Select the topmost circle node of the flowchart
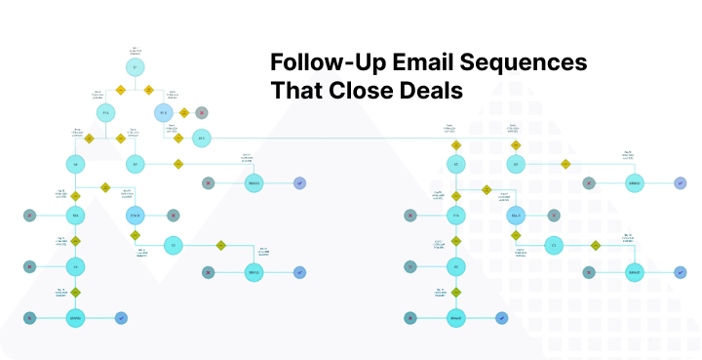[x=136, y=67]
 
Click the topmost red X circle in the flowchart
[x=201, y=112]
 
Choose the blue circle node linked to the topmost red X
[x=164, y=113]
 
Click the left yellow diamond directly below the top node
[x=121, y=90]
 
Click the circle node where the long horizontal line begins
[x=201, y=138]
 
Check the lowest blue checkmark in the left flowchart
[x=120, y=317]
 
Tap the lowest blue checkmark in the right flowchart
[x=501, y=317]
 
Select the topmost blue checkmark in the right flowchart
[x=680, y=182]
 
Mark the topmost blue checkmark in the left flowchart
[x=299, y=182]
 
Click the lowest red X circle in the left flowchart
[x=31, y=317]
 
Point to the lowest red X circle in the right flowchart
[x=410, y=317]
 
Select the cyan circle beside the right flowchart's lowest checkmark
[x=455, y=317]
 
